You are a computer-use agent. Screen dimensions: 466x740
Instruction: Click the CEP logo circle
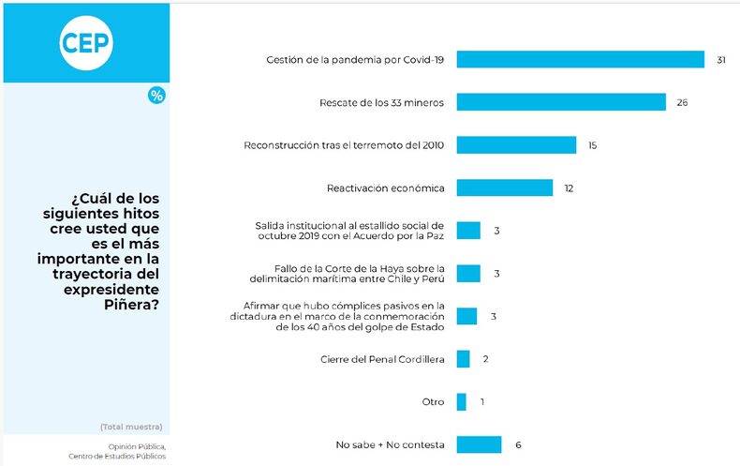[85, 42]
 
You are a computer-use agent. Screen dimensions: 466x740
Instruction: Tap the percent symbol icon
[156, 95]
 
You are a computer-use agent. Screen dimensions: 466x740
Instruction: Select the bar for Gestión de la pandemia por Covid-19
[580, 59]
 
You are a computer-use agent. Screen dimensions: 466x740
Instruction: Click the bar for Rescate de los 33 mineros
[561, 101]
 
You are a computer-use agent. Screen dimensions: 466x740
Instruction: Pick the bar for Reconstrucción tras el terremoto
[516, 144]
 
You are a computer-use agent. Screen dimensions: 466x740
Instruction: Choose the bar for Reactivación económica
[505, 188]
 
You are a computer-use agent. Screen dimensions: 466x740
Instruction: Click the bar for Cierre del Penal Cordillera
[463, 358]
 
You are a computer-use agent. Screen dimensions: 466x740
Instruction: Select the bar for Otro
[461, 401]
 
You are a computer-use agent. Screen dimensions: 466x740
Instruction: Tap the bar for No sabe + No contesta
[479, 444]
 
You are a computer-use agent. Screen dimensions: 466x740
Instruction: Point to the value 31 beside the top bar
[721, 59]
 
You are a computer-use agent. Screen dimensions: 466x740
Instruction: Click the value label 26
[682, 101]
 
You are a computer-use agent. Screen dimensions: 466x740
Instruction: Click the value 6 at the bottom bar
[518, 444]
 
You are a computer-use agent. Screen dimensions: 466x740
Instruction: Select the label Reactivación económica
[385, 188]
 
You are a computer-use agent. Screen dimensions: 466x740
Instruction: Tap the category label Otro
[433, 401]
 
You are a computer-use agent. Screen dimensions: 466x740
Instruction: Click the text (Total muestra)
[131, 427]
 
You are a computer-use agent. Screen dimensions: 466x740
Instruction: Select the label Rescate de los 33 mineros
[382, 101]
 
